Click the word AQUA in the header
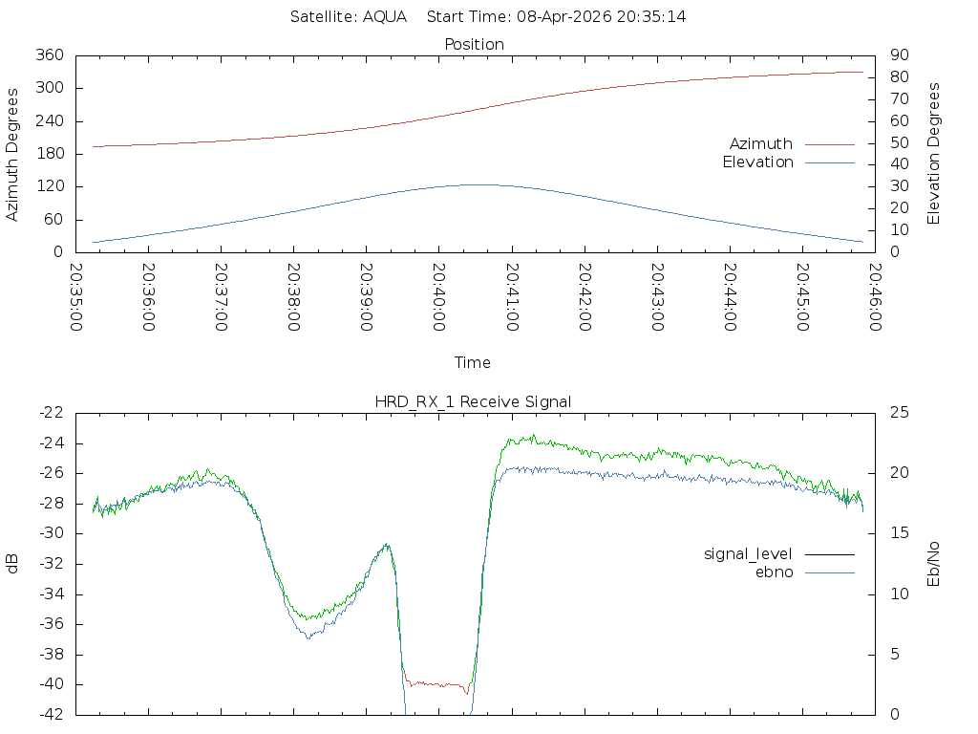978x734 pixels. pyautogui.click(x=385, y=16)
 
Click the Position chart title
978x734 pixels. pyautogui.click(x=474, y=44)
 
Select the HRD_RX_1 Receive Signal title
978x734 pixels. pyautogui.click(x=473, y=401)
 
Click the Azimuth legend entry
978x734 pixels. pyautogui.click(x=761, y=143)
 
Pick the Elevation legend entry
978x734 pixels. pyautogui.click(x=757, y=162)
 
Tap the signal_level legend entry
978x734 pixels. pyautogui.click(x=748, y=554)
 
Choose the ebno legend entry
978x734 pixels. pyautogui.click(x=774, y=572)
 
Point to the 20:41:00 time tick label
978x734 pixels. pyautogui.click(x=512, y=297)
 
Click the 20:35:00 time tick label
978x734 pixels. pyautogui.click(x=76, y=297)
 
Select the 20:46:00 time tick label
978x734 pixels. pyautogui.click(x=875, y=297)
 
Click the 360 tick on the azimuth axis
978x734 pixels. pyautogui.click(x=50, y=54)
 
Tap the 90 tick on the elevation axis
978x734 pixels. pyautogui.click(x=900, y=54)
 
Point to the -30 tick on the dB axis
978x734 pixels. pyautogui.click(x=52, y=533)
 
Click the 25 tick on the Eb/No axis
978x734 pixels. pyautogui.click(x=900, y=413)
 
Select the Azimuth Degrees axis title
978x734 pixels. pyautogui.click(x=11, y=155)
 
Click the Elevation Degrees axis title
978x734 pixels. pyautogui.click(x=933, y=154)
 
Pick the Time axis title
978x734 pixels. pyautogui.click(x=472, y=362)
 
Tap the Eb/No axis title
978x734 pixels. pyautogui.click(x=933, y=564)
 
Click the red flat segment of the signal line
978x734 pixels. pyautogui.click(x=436, y=684)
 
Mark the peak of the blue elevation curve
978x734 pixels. pyautogui.click(x=478, y=184)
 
